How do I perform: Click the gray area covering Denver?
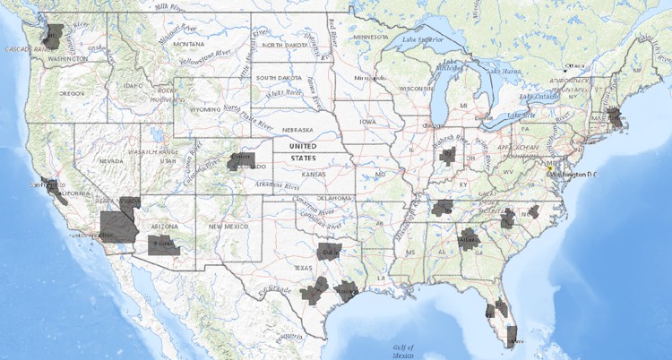241,161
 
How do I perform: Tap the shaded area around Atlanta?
468,240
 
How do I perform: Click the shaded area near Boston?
614,117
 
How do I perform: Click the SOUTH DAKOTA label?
278,77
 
